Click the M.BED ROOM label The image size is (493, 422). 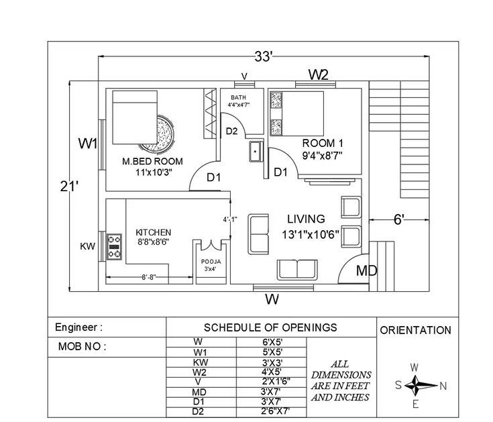click(x=152, y=162)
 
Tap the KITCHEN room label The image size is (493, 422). click(x=154, y=232)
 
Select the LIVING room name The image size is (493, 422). click(x=306, y=219)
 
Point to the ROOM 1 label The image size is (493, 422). click(x=323, y=144)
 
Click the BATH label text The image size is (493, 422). click(x=238, y=97)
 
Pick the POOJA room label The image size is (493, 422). click(x=211, y=262)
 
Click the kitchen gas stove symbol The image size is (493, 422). click(x=114, y=247)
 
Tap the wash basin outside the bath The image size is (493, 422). click(x=256, y=152)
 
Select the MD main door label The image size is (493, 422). click(x=367, y=271)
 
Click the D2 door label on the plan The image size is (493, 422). click(x=231, y=131)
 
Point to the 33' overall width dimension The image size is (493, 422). click(x=263, y=57)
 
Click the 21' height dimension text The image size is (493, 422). click(x=69, y=187)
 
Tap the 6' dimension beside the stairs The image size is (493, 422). click(x=398, y=219)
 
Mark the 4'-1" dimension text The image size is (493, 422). click(x=230, y=219)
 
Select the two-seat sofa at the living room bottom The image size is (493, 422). click(x=297, y=270)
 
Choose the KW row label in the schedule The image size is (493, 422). click(x=201, y=362)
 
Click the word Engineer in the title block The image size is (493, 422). click(x=76, y=327)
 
